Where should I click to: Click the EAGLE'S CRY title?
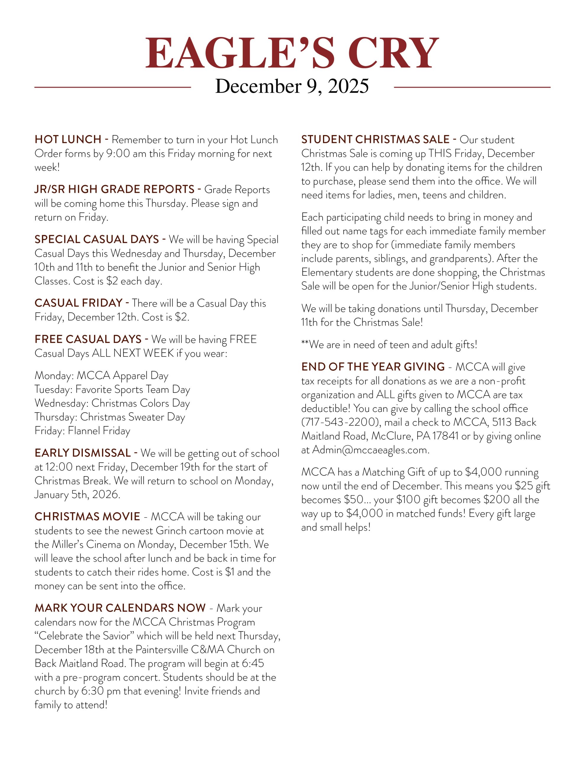[292, 53]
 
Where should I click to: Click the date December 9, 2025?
[292, 86]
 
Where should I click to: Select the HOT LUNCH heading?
[68, 139]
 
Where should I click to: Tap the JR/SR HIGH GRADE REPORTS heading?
[114, 189]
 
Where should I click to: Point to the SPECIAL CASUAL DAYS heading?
[97, 239]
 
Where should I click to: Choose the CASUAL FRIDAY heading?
[79, 303]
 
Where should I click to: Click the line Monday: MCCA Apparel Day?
[101, 375]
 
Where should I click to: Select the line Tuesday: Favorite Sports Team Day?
[112, 389]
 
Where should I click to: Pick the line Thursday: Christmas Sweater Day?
[110, 417]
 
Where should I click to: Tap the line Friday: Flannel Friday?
[82, 431]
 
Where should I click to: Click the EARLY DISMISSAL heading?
[83, 453]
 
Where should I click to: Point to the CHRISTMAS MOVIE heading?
[87, 517]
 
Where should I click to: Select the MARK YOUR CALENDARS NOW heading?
[120, 608]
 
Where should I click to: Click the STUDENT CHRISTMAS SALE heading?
[375, 139]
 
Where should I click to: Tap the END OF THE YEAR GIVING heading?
[373, 367]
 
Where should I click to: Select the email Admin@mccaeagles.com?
[370, 450]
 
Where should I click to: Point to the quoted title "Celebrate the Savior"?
[84, 636]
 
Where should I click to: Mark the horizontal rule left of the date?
[113, 87]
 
